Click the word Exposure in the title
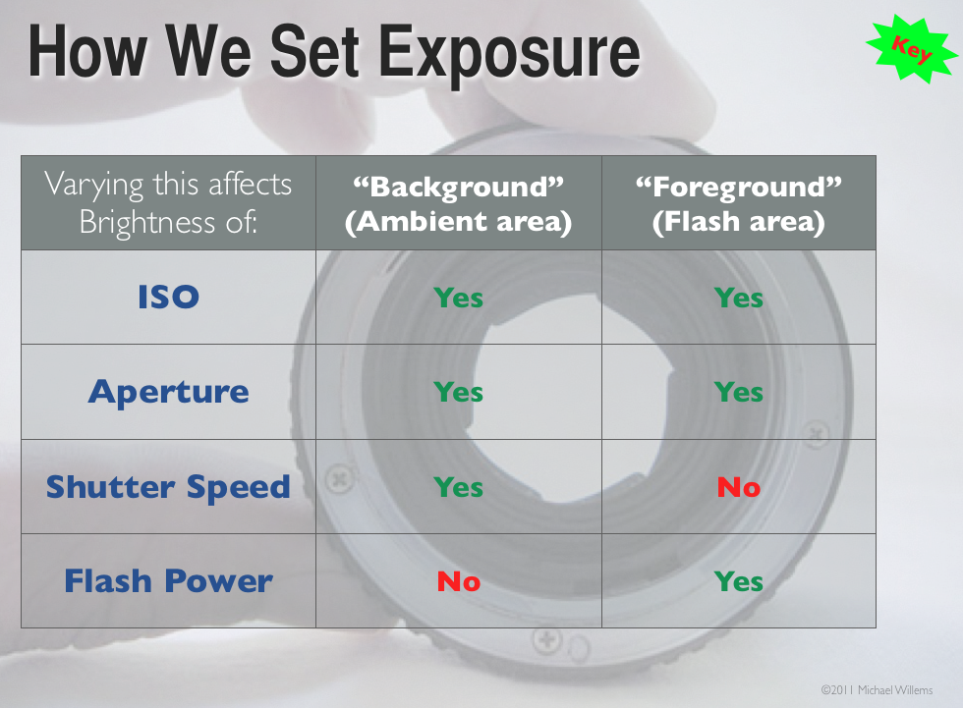pos(509,53)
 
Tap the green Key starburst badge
pos(912,50)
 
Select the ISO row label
pos(168,297)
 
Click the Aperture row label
pos(168,392)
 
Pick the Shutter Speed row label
pos(168,487)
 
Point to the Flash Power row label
pos(168,581)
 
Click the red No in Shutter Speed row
pos(739,487)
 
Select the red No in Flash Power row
pos(459,581)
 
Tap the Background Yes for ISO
pos(458,299)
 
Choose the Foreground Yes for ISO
pos(739,299)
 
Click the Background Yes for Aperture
pos(458,392)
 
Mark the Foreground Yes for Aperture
pos(739,392)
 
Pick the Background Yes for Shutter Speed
pos(458,487)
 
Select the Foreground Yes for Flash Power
pos(739,581)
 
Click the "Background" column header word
pos(459,188)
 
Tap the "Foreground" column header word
pos(739,188)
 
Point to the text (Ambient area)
pos(459,222)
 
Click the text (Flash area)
pos(739,222)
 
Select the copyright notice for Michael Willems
pos(877,690)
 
